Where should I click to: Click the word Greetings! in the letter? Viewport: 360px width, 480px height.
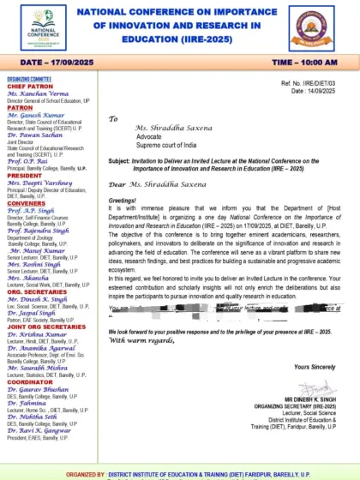coord(122,194)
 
